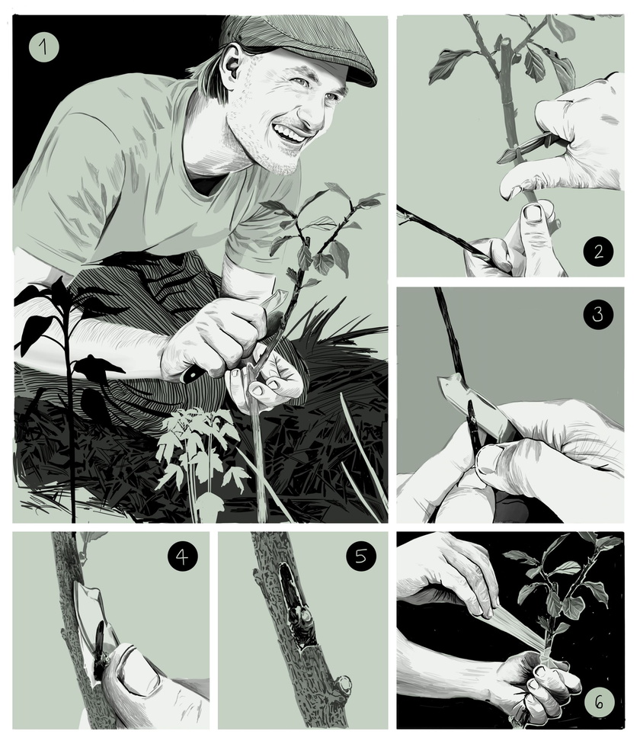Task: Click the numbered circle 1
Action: click(x=44, y=47)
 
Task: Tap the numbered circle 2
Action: click(x=598, y=251)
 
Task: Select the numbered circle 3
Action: click(x=598, y=314)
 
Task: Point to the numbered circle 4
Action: click(x=182, y=556)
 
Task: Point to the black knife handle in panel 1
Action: click(x=192, y=372)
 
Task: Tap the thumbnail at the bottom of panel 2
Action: click(x=533, y=213)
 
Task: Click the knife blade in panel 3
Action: click(x=476, y=405)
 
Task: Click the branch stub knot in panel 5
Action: click(x=344, y=685)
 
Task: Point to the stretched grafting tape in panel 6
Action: click(x=514, y=625)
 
